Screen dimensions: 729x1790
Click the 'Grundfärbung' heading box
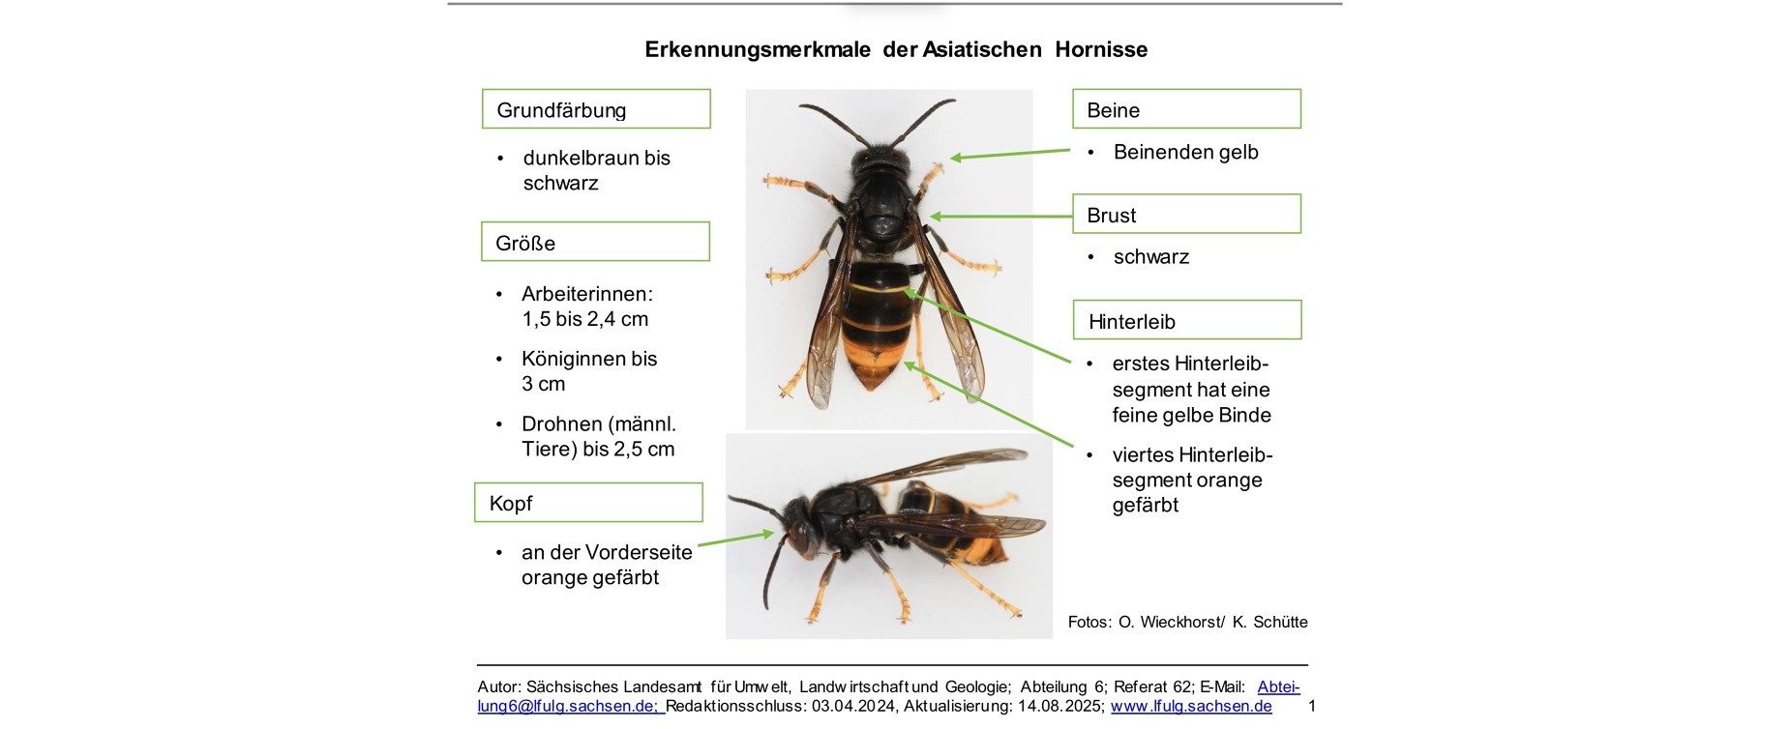coord(596,109)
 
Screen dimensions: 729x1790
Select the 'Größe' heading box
coord(595,242)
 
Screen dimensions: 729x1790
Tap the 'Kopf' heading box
coord(588,503)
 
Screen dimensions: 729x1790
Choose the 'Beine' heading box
coord(1186,109)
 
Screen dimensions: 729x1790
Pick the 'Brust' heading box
coord(1186,215)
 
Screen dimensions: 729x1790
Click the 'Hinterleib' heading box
coord(1187,321)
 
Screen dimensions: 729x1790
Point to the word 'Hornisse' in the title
coord(1101,49)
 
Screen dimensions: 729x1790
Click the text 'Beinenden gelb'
coord(1185,152)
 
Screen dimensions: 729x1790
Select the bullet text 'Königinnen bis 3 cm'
coord(588,371)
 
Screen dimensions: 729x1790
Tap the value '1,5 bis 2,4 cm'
coord(584,319)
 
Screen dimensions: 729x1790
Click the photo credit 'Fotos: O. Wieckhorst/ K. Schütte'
coord(1187,622)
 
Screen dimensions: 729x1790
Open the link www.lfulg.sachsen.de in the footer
coord(1191,706)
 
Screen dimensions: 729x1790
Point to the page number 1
coord(1312,706)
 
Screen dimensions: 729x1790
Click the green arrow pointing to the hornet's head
coord(735,539)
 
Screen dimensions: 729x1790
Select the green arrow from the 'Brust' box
coord(1001,217)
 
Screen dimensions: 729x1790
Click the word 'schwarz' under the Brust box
coord(1150,257)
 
